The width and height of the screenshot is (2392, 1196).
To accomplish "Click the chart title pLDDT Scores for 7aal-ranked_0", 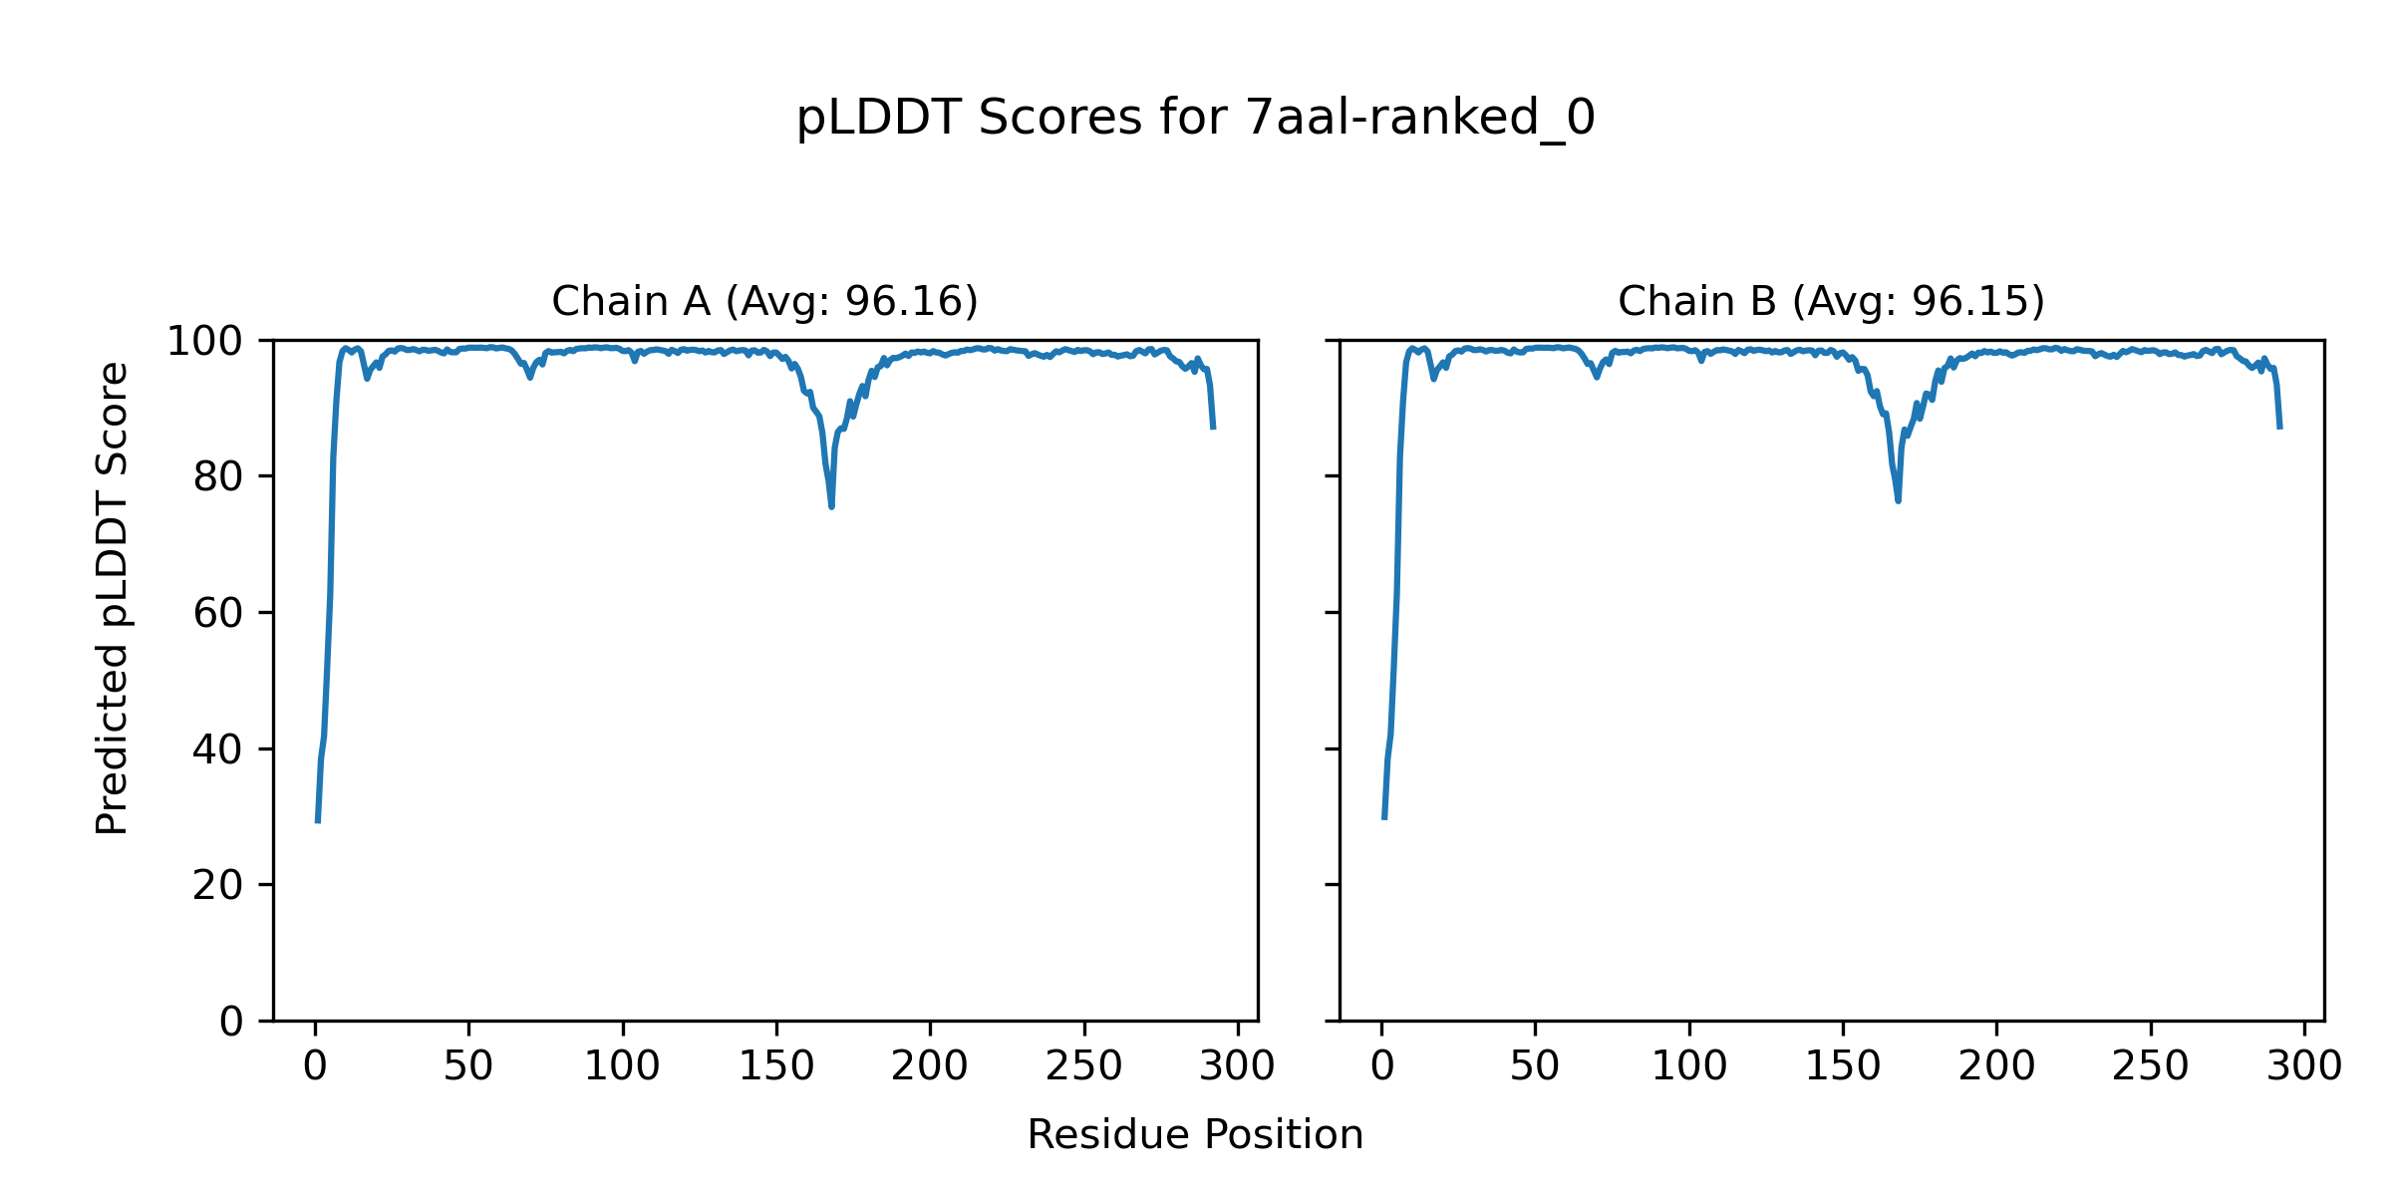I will pyautogui.click(x=1195, y=119).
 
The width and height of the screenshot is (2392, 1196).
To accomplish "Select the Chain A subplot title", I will pyautogui.click(x=764, y=301).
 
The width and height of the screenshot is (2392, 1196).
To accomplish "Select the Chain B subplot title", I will pyautogui.click(x=1831, y=301).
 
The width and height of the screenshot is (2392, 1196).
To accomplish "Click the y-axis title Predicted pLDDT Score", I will pyautogui.click(x=113, y=598).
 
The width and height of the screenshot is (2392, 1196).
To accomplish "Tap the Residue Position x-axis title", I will pyautogui.click(x=1195, y=1135).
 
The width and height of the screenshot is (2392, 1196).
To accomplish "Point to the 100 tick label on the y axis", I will pyautogui.click(x=204, y=341).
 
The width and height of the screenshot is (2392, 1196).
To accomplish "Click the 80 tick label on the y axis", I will pyautogui.click(x=218, y=477).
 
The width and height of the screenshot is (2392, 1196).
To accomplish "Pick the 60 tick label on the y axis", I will pyautogui.click(x=218, y=613).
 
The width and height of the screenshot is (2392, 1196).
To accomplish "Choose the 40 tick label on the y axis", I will pyautogui.click(x=218, y=749).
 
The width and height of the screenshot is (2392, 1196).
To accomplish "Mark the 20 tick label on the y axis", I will pyautogui.click(x=218, y=885).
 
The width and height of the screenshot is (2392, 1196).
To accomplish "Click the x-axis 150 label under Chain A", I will pyautogui.click(x=776, y=1067).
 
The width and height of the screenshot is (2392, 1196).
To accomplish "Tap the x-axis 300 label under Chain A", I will pyautogui.click(x=1238, y=1067).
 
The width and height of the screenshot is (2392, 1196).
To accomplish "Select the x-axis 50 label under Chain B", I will pyautogui.click(x=1535, y=1067).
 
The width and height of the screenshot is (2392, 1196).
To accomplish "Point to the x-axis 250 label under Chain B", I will pyautogui.click(x=2150, y=1067).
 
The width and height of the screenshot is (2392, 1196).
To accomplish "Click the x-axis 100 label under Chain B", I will pyautogui.click(x=1689, y=1067).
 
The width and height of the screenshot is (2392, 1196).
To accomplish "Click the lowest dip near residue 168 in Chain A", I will pyautogui.click(x=831, y=506).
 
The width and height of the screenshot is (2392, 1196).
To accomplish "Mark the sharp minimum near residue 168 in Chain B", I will pyautogui.click(x=1898, y=500).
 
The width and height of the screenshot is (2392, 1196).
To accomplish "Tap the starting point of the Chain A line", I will pyautogui.click(x=318, y=821).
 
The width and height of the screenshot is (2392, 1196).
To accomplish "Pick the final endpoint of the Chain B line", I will pyautogui.click(x=2279, y=428).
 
